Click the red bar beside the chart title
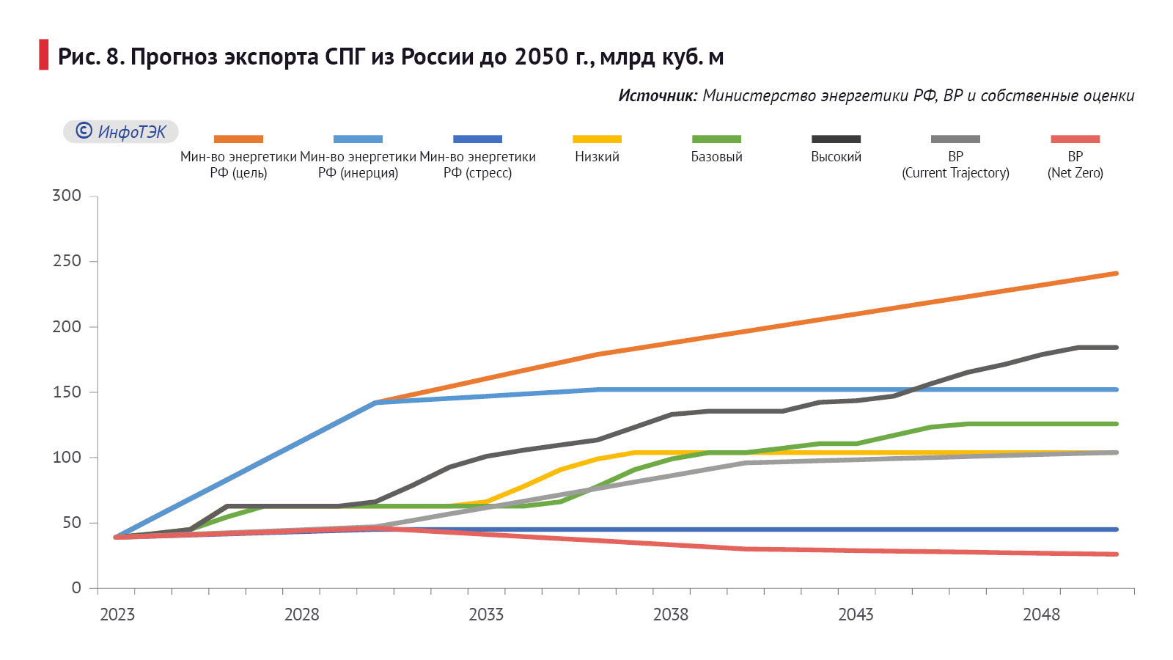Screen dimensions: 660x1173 click(x=43, y=55)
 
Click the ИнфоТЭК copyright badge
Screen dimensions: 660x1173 click(x=121, y=131)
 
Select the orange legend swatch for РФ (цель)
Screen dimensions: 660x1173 click(x=238, y=139)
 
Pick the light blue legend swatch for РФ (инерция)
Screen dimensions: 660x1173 click(x=358, y=139)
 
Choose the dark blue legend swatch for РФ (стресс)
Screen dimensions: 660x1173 click(x=477, y=139)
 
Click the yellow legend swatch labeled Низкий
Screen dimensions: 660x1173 click(x=597, y=139)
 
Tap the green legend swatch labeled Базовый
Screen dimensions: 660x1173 click(x=716, y=139)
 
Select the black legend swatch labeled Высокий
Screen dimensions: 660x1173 click(x=836, y=139)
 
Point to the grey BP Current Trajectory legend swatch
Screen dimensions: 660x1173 click(x=955, y=139)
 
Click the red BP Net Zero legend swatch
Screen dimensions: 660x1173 click(x=1075, y=139)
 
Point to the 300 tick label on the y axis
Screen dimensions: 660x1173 click(x=67, y=196)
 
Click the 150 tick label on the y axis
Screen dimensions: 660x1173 click(x=67, y=392)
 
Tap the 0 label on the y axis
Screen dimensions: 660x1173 click(x=76, y=588)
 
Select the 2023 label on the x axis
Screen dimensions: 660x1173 click(x=117, y=615)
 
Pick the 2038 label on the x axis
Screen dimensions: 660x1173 click(x=671, y=615)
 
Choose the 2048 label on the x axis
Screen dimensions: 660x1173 click(x=1041, y=615)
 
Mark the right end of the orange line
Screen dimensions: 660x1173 click(x=1116, y=274)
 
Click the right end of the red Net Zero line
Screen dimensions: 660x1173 click(x=1116, y=554)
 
